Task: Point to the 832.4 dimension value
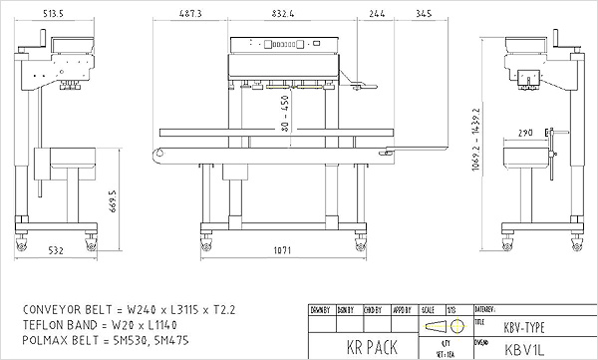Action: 282,15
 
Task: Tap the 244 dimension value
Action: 377,15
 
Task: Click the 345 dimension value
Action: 425,15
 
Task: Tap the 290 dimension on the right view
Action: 524,132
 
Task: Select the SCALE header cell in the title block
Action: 429,309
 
